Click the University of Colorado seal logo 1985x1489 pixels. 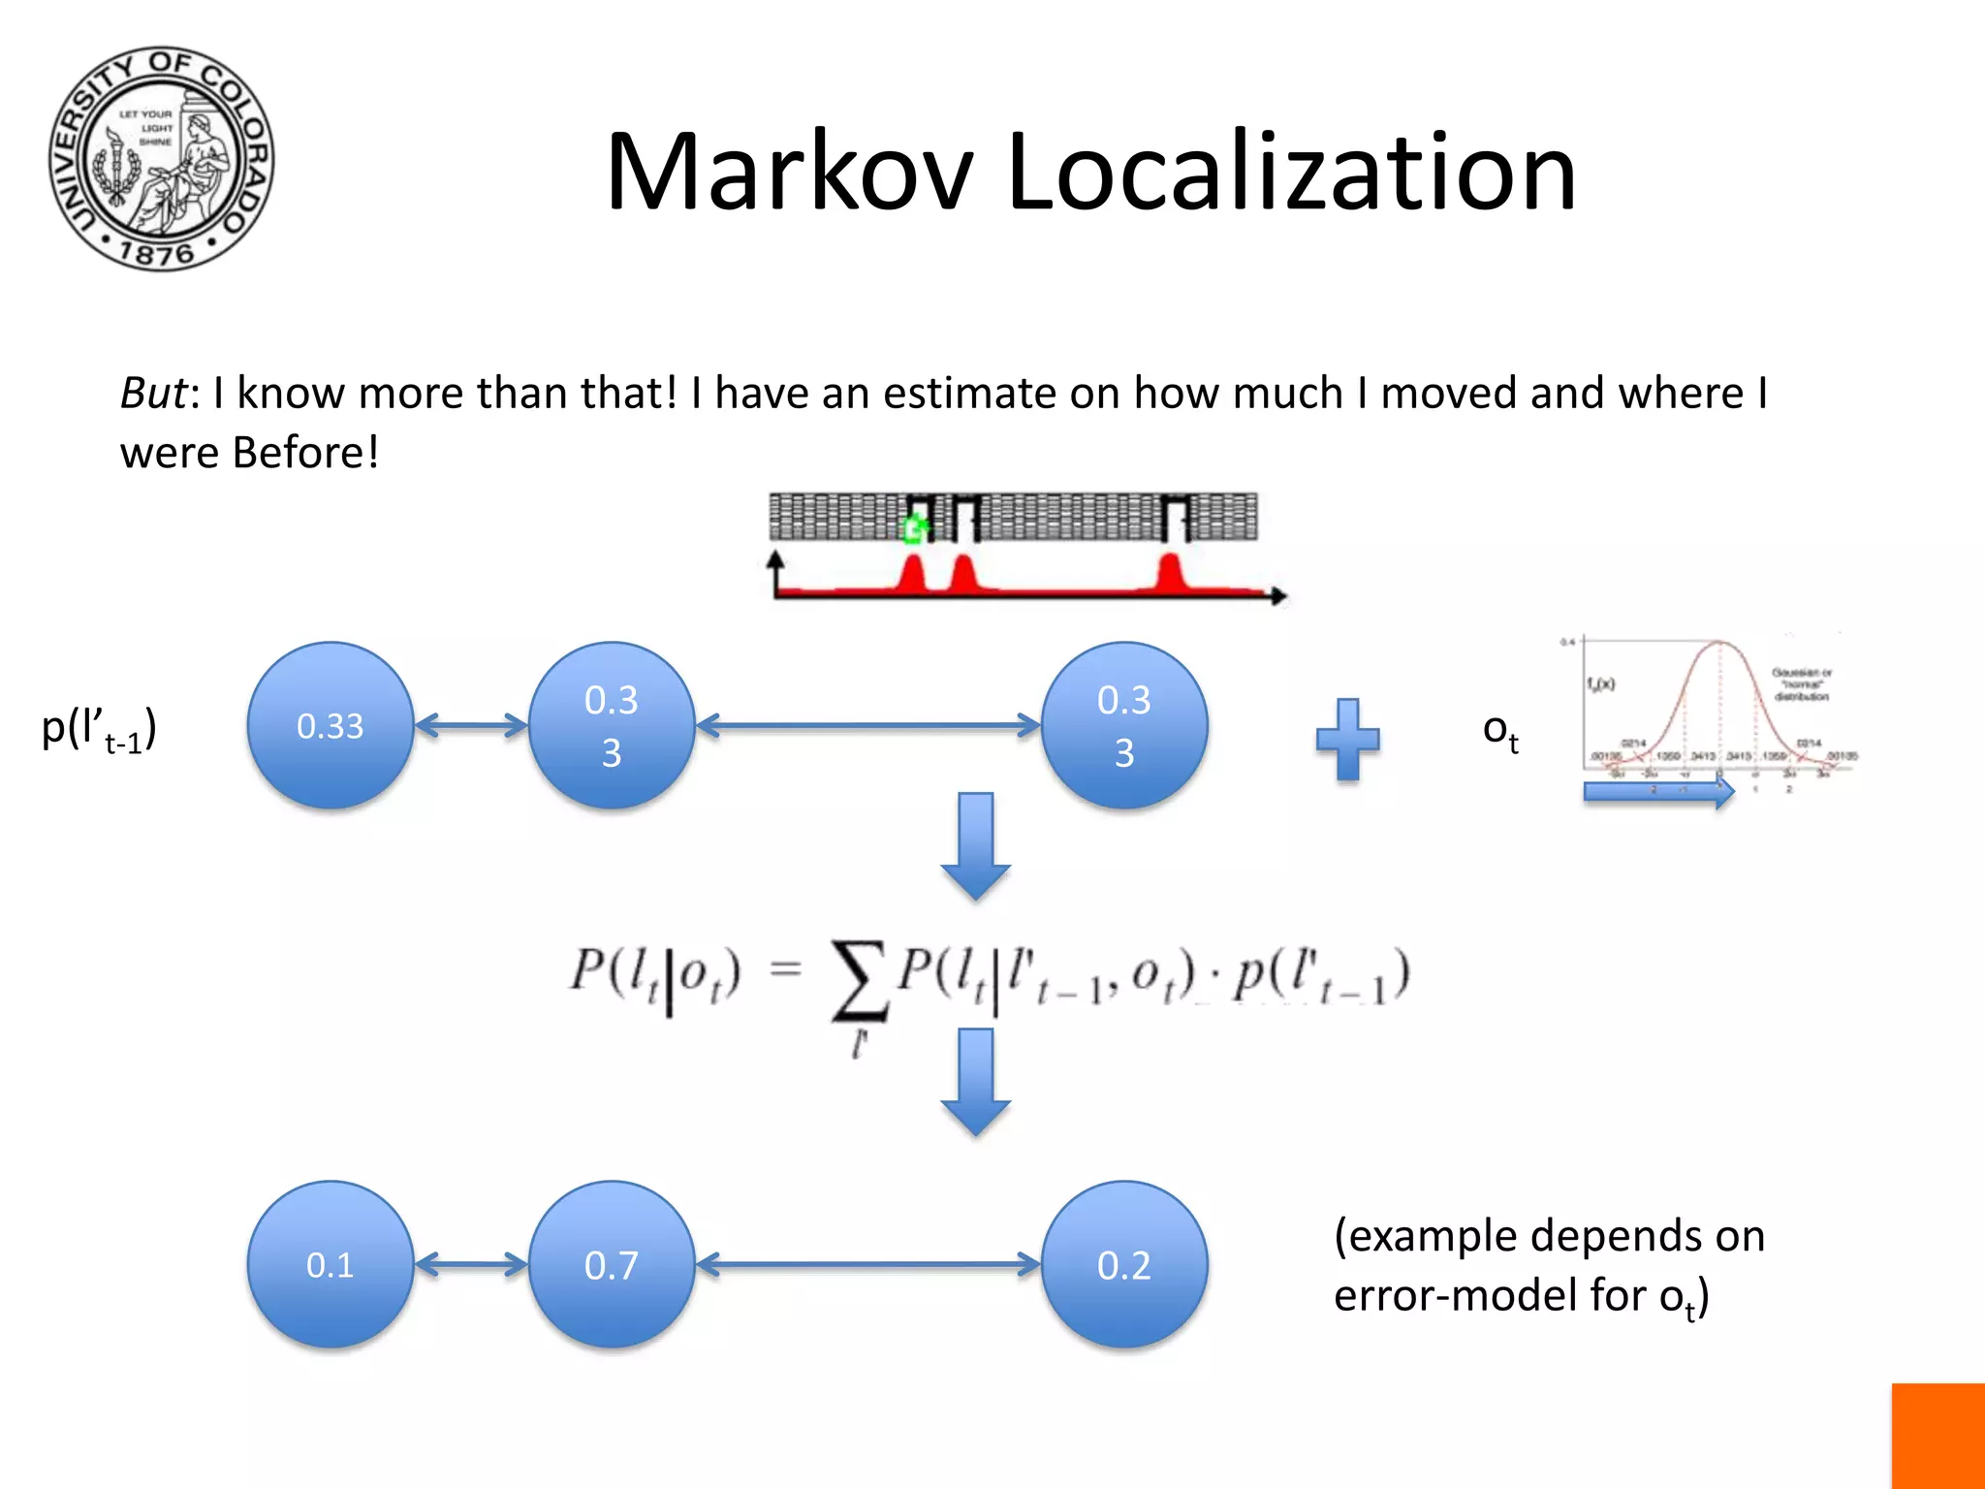tap(162, 159)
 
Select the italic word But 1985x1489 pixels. tap(152, 394)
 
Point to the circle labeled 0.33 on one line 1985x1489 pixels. tap(331, 725)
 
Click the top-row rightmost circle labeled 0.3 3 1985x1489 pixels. tap(1124, 725)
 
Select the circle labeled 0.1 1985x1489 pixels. tap(331, 1264)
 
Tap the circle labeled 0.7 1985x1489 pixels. tap(612, 1264)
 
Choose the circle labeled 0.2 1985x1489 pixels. tap(1124, 1264)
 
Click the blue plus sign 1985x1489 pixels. tap(1347, 739)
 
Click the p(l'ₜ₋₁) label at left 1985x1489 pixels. tap(99, 729)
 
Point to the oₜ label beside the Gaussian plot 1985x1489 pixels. tap(1500, 732)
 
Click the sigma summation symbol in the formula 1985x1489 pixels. tap(860, 981)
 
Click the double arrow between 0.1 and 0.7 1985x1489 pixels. tap(471, 1264)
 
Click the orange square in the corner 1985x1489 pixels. tap(1938, 1436)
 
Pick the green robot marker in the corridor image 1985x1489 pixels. tap(913, 528)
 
